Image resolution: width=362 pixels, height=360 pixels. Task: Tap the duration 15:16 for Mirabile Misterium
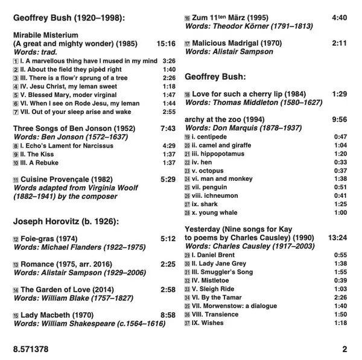pyautogui.click(x=165, y=44)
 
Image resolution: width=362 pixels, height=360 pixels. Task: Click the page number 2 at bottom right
pyautogui.click(x=345, y=349)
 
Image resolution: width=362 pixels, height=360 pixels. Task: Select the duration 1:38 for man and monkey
pyautogui.click(x=340, y=178)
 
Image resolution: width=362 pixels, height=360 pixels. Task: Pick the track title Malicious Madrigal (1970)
pyautogui.click(x=231, y=43)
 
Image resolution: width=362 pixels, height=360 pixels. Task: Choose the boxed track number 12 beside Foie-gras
pyautogui.click(x=16, y=239)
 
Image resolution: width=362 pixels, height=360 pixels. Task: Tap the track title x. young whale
pyautogui.click(x=218, y=212)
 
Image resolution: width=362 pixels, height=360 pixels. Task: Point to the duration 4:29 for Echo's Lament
pyautogui.click(x=169, y=145)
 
